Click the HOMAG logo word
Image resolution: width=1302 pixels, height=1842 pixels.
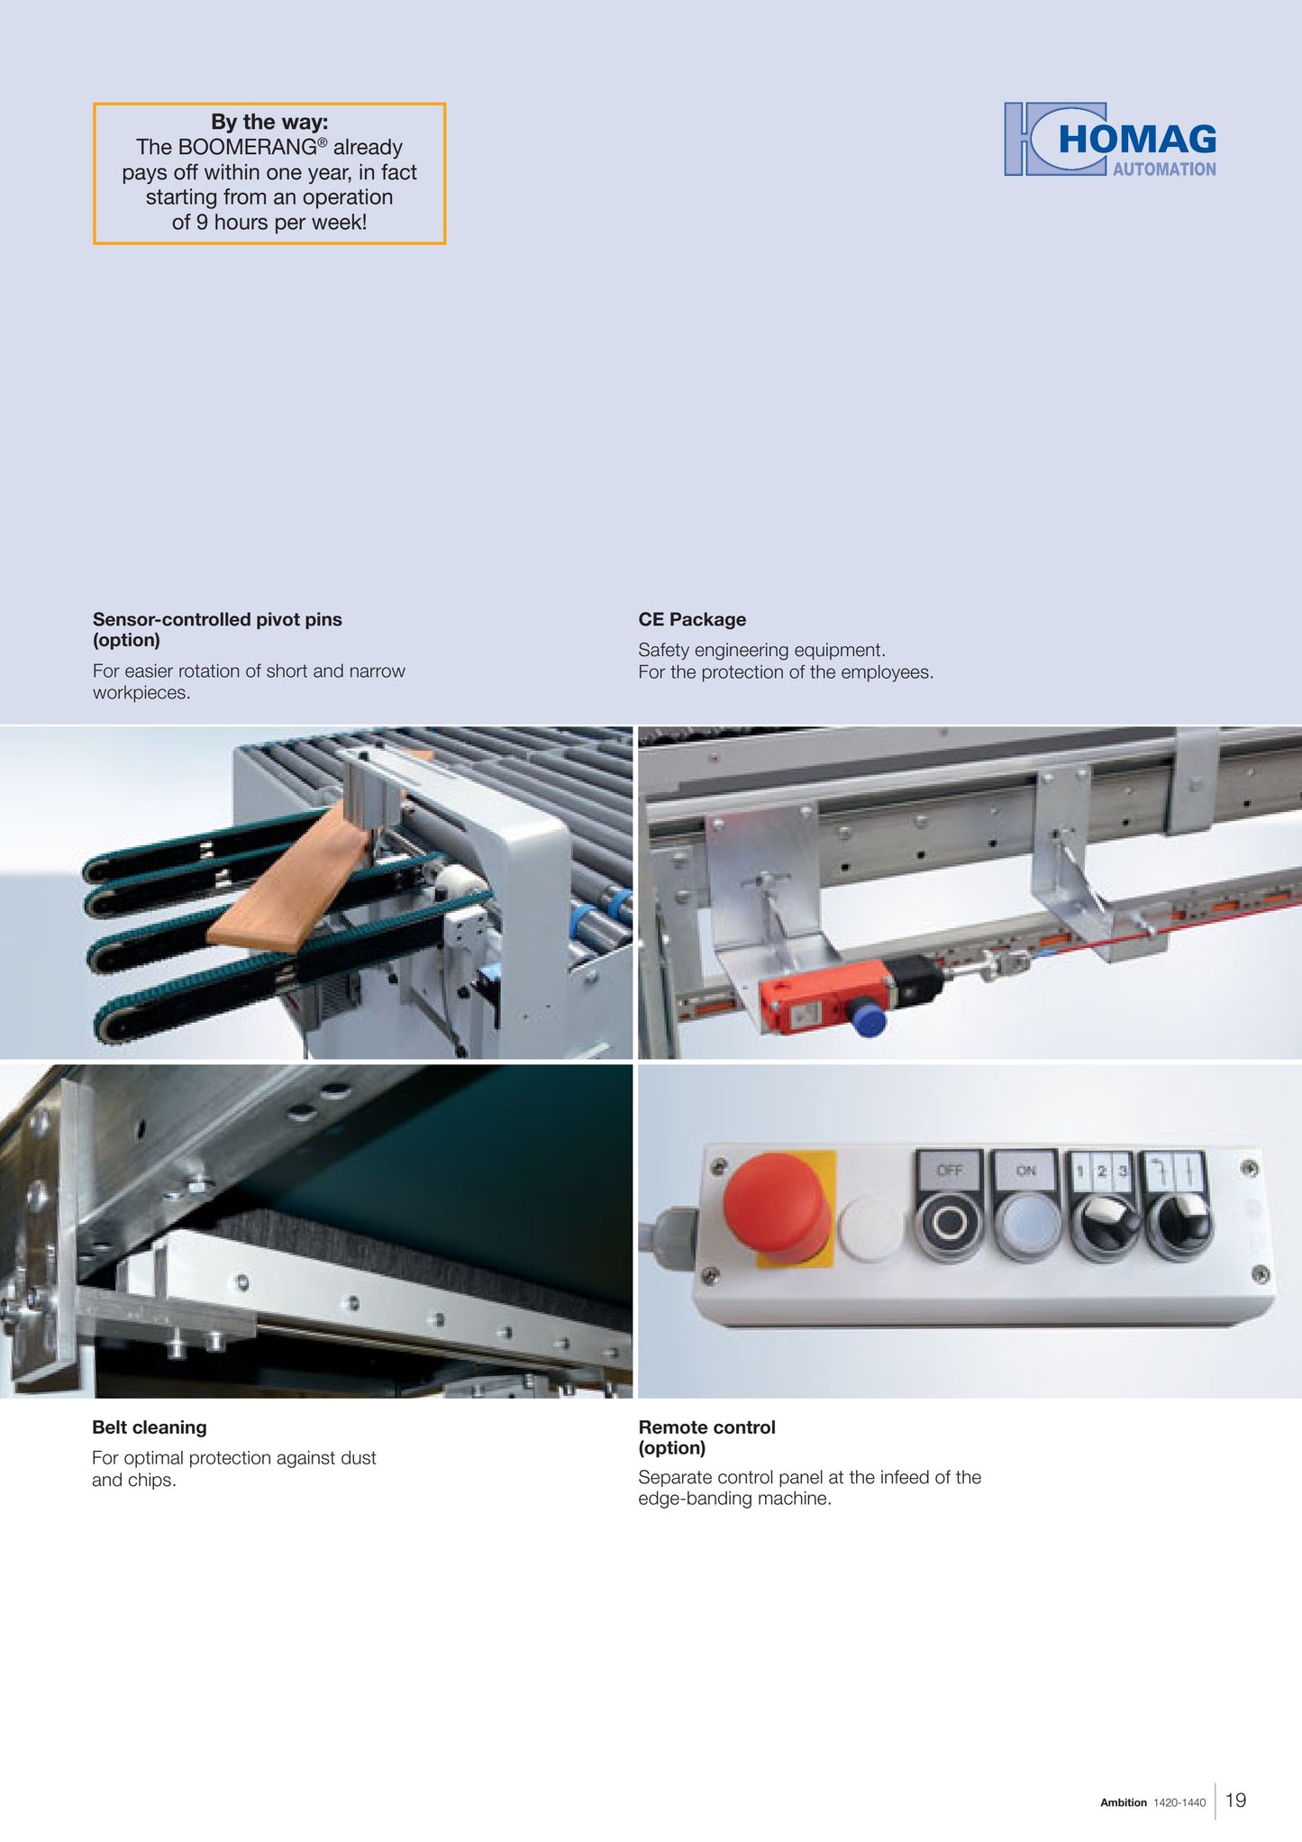coord(1137,140)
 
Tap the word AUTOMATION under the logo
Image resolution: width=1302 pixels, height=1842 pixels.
coord(1164,169)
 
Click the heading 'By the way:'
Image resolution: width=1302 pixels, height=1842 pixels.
coord(269,122)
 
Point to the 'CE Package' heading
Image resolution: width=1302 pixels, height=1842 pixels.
coord(692,619)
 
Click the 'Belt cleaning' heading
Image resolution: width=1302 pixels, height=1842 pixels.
coord(150,1427)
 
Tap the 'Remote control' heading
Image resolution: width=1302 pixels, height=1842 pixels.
coord(706,1427)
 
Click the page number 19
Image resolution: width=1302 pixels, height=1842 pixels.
coord(1236,1800)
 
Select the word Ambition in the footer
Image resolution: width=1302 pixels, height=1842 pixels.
coord(1124,1802)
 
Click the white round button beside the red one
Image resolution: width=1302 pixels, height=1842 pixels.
coord(870,1226)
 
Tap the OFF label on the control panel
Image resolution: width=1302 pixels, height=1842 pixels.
coord(950,1171)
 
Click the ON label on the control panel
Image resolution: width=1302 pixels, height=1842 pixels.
coord(1026,1171)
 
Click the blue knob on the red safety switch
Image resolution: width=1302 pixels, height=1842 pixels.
coord(868,1017)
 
